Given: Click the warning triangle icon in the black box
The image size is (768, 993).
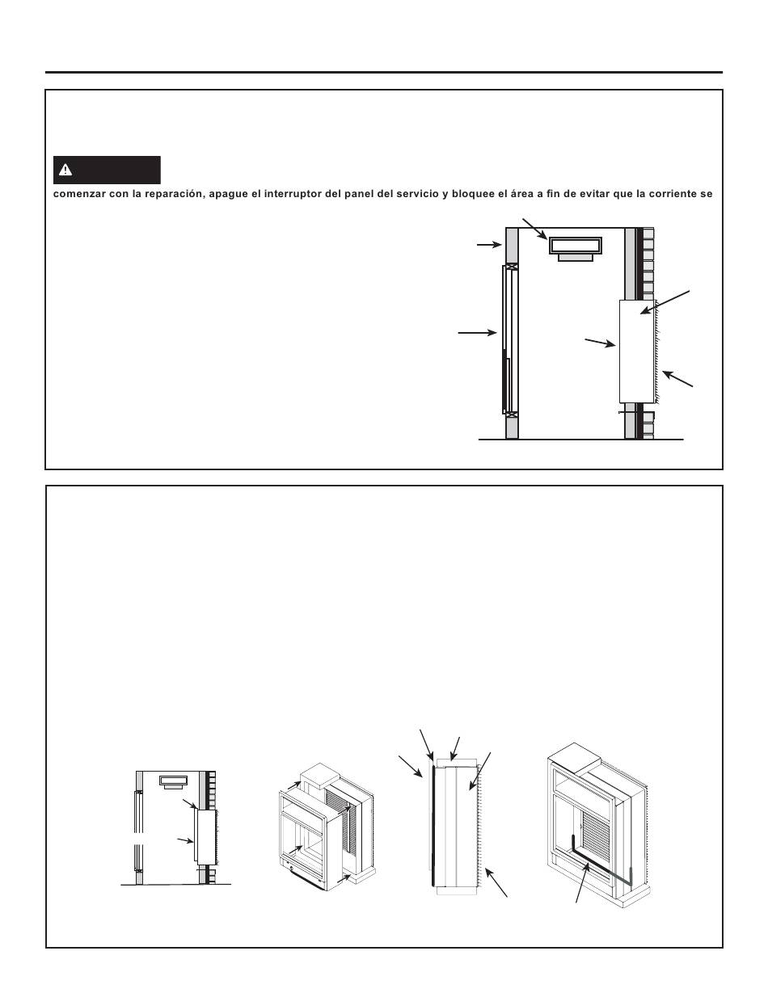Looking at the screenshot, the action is pos(65,170).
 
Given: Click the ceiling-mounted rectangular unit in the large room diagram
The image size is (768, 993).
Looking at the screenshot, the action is pos(576,249).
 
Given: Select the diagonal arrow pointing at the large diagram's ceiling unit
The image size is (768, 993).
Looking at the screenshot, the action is pos(535,229).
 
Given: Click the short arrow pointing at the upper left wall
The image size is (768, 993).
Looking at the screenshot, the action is pos(489,245).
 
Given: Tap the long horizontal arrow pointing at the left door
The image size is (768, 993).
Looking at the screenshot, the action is pos(477,333).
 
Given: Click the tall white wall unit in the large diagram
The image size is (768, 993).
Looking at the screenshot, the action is pos(636,351).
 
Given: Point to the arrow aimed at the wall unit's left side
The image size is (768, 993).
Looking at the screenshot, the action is pos(600,343).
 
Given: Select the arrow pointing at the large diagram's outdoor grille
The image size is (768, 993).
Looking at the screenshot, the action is pos(678,379).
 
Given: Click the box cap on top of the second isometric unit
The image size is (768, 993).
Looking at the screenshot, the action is pos(320,776).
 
